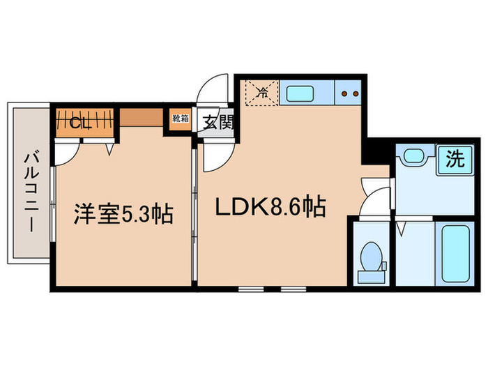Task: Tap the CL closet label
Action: [83, 123]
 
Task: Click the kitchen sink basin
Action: [300, 92]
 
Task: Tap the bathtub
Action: [455, 253]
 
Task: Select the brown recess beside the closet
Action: [142, 116]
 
